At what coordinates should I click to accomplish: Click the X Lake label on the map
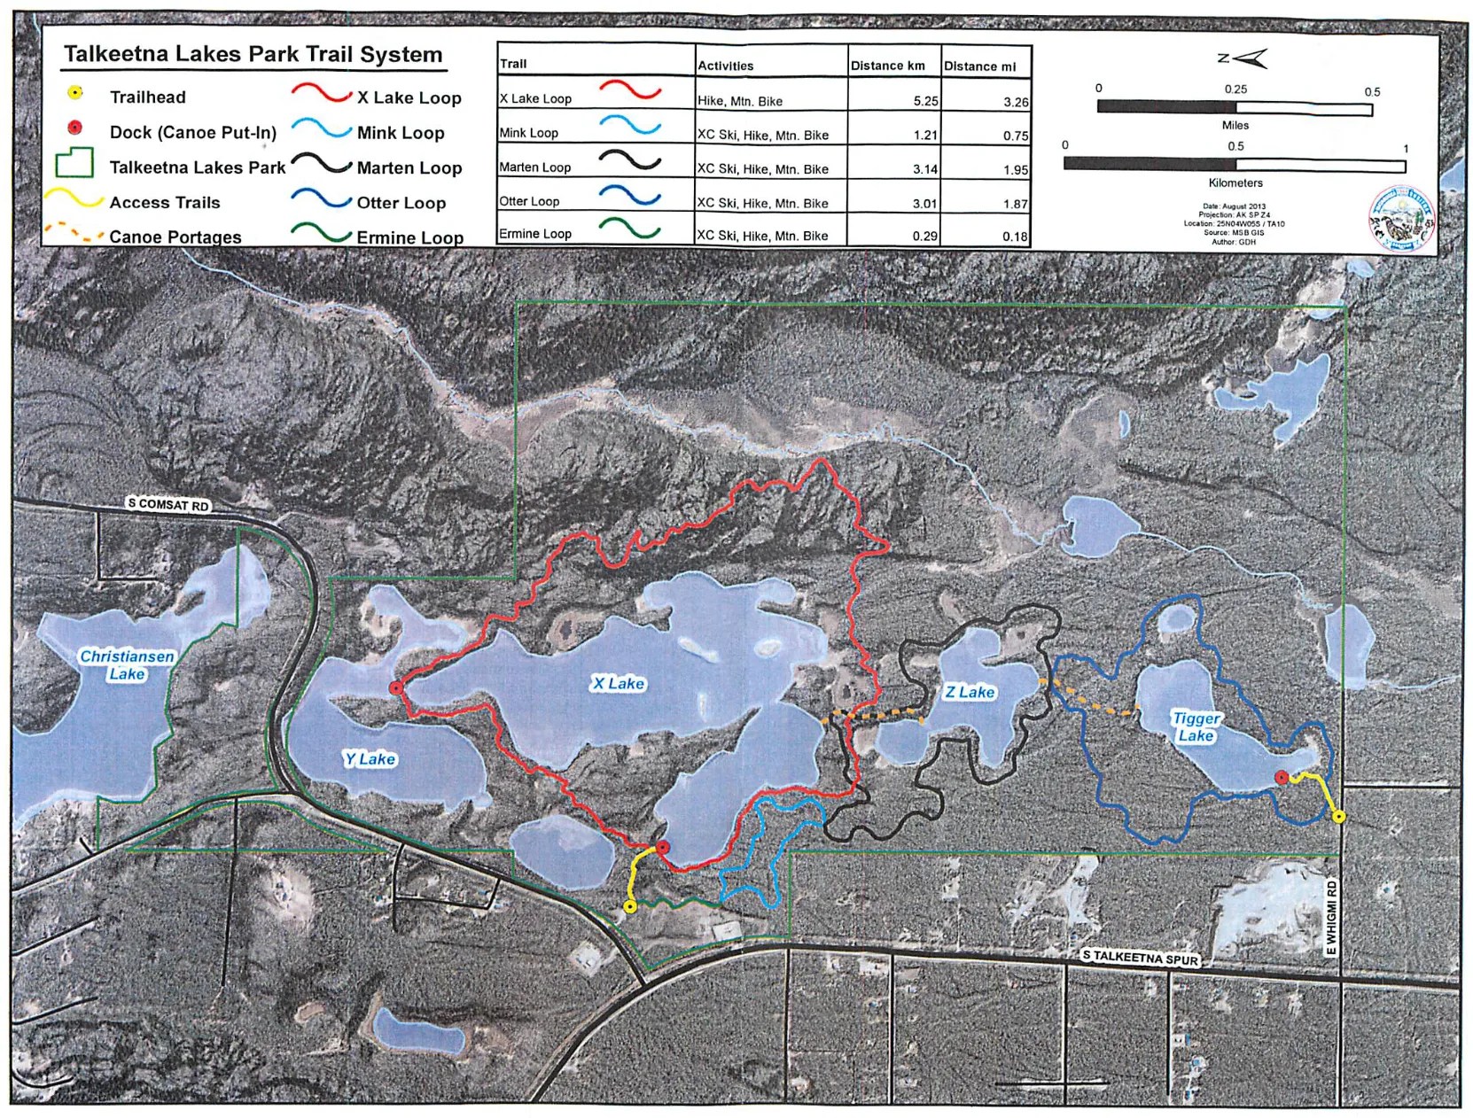[x=618, y=683]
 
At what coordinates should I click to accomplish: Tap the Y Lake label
[x=369, y=758]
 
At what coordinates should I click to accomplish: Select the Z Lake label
[x=970, y=692]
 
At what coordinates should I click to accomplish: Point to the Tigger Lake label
[x=1196, y=726]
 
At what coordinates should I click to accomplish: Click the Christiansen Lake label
[x=127, y=664]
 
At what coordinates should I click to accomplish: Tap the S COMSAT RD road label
[x=168, y=504]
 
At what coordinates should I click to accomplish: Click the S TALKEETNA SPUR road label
[x=1140, y=958]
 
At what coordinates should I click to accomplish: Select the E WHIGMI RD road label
[x=1330, y=917]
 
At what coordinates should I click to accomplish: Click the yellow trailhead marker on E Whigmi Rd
[x=1338, y=816]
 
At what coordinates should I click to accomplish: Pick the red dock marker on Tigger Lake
[x=1281, y=777]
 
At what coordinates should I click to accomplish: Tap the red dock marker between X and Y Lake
[x=396, y=687]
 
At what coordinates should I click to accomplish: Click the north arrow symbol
[x=1242, y=58]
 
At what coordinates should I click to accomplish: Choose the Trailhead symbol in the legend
[x=75, y=93]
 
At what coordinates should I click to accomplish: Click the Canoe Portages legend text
[x=175, y=237]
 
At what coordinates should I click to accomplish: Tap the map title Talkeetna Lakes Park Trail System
[x=253, y=54]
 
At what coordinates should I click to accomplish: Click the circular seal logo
[x=1400, y=218]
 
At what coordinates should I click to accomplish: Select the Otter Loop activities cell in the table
[x=762, y=203]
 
